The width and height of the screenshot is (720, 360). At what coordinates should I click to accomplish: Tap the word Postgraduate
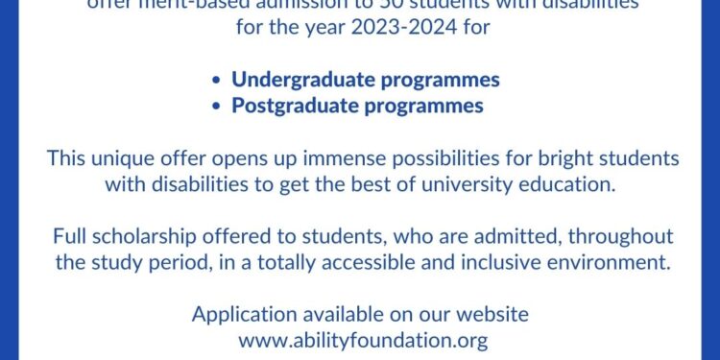tap(299, 105)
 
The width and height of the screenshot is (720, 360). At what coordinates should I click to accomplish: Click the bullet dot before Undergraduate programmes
tap(219, 80)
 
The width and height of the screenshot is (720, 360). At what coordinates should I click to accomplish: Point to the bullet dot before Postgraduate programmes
tap(219, 106)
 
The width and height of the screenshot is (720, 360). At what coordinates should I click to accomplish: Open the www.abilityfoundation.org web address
tap(360, 340)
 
